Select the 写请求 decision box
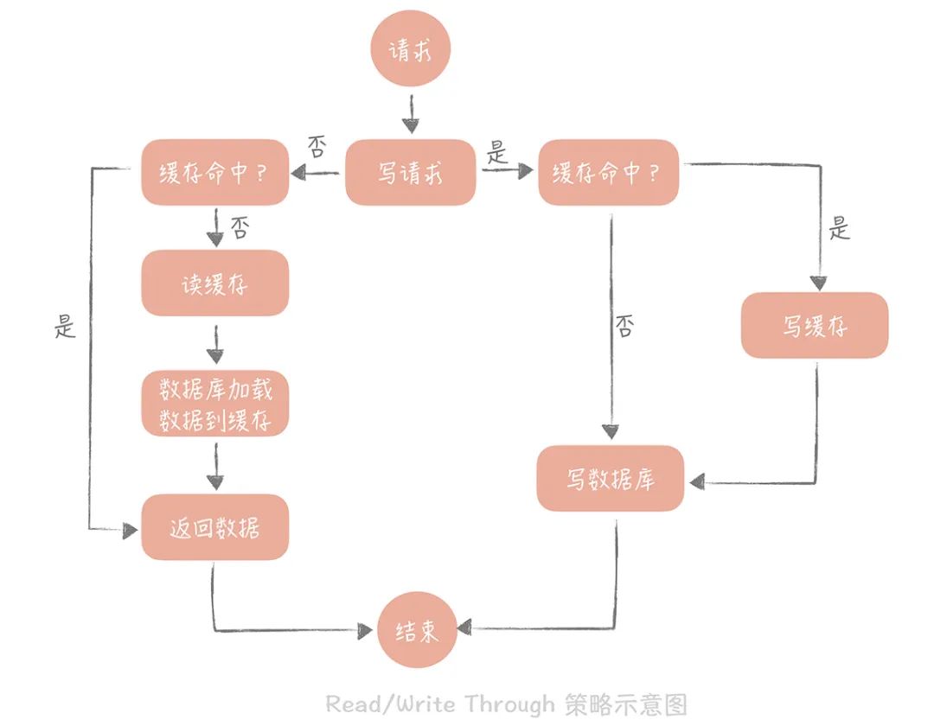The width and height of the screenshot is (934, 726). tap(410, 172)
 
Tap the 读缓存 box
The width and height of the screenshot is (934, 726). tap(214, 283)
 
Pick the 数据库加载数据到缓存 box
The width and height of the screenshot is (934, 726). tap(215, 404)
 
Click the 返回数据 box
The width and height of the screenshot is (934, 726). tap(214, 526)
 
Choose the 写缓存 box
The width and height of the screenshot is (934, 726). tap(814, 325)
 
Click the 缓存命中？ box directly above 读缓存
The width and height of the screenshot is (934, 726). tap(214, 172)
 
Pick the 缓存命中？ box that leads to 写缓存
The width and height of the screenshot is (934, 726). tap(608, 172)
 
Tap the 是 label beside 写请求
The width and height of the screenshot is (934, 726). tap(496, 155)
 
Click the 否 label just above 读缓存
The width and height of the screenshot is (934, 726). tap(240, 228)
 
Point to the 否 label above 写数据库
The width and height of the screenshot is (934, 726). tap(624, 327)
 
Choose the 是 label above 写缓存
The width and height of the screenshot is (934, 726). tap(839, 229)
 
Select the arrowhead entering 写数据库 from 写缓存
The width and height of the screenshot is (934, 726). tap(694, 481)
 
